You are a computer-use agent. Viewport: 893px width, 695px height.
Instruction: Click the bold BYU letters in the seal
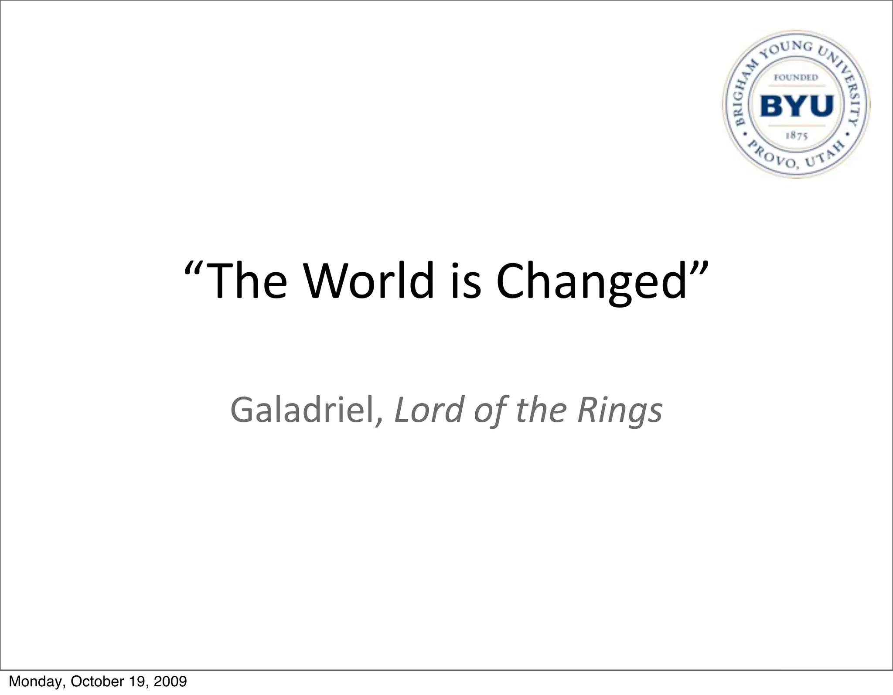click(797, 106)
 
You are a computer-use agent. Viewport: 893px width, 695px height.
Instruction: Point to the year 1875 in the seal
click(797, 135)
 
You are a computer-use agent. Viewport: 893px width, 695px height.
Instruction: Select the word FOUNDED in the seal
click(796, 77)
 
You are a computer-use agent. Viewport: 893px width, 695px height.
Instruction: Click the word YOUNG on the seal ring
click(787, 51)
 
